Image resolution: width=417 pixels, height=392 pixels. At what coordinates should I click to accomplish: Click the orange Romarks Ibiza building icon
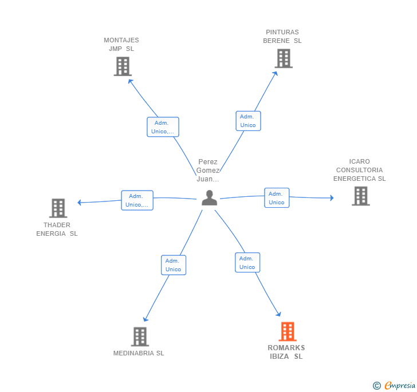[287, 331]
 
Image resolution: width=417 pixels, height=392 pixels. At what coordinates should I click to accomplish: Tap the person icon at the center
[210, 197]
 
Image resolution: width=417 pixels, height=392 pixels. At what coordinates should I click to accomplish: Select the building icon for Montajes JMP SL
[122, 66]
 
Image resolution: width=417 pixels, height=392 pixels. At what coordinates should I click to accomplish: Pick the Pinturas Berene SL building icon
[283, 58]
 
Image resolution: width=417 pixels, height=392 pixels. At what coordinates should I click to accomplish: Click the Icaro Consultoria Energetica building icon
[360, 196]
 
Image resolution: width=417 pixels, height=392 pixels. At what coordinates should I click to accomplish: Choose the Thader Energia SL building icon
[58, 208]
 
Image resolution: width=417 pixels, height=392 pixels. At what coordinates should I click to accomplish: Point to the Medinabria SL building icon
[140, 336]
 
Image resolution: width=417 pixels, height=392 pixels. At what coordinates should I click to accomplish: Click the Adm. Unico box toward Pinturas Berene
[248, 121]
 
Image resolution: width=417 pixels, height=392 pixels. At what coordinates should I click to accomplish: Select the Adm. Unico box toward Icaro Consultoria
[277, 197]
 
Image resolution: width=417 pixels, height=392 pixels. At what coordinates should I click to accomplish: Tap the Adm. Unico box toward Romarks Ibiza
[247, 263]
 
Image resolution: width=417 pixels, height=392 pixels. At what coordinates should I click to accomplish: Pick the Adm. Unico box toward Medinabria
[173, 265]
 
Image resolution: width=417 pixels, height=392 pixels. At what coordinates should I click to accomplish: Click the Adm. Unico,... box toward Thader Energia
[137, 200]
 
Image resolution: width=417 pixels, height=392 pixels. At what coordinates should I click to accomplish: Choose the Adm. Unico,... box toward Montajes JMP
[163, 127]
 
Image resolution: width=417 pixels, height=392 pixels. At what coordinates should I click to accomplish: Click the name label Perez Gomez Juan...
[208, 170]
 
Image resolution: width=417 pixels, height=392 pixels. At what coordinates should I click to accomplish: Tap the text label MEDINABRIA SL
[139, 353]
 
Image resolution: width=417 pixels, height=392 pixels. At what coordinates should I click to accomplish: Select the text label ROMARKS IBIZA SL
[286, 352]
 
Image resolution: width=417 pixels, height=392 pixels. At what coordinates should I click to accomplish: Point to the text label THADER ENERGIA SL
[57, 229]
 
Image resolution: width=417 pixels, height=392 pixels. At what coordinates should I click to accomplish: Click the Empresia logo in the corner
[394, 385]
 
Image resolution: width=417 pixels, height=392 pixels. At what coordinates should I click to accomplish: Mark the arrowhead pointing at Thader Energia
[80, 202]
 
